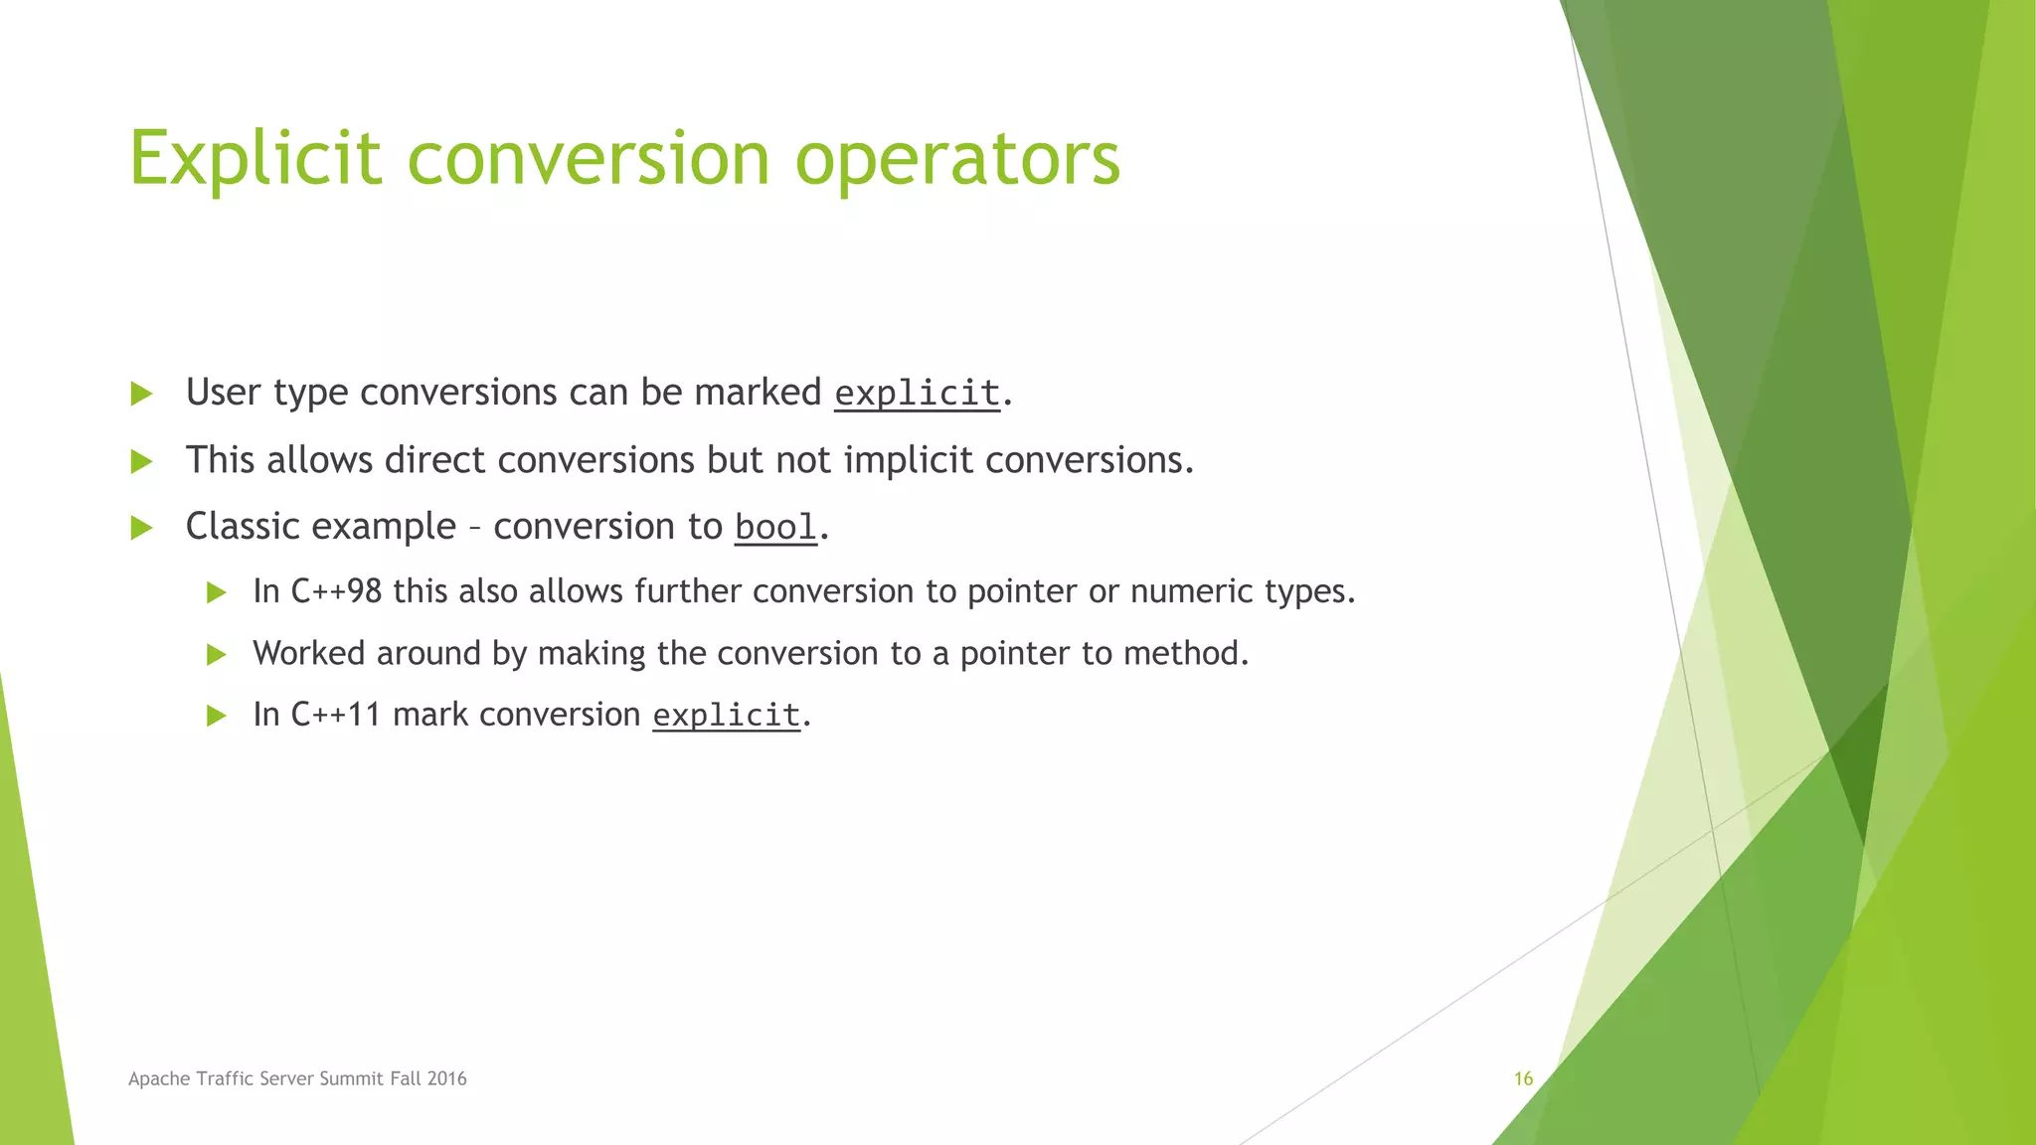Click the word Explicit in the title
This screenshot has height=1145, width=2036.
click(254, 159)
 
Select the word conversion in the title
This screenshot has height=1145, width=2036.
click(589, 159)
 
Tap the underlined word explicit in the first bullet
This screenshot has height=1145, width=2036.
click(917, 394)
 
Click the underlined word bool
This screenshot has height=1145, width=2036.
click(775, 527)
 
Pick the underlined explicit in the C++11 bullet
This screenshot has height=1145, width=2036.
click(726, 715)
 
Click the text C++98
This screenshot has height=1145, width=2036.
click(336, 591)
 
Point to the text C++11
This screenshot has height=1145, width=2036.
click(336, 715)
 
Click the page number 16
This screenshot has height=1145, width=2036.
click(1523, 1078)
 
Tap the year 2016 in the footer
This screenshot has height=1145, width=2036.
click(446, 1078)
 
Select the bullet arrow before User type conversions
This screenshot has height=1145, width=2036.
click(141, 394)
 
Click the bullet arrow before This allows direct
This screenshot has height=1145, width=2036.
click(141, 461)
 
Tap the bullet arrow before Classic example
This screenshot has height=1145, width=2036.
click(141, 528)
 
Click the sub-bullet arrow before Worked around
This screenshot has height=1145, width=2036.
click(216, 654)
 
